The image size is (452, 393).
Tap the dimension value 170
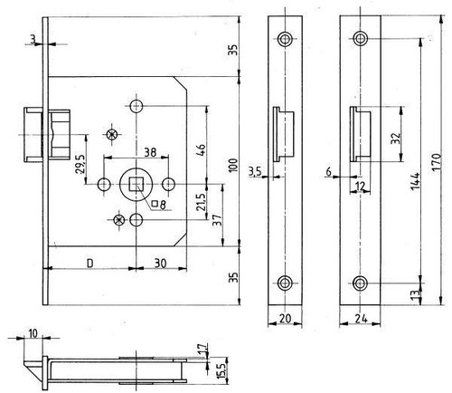point(437,162)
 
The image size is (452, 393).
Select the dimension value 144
point(416,181)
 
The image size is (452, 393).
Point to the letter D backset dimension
point(90,264)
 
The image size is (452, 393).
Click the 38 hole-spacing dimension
point(150,152)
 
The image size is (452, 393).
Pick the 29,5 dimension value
point(80,164)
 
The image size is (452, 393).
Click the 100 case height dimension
point(234,165)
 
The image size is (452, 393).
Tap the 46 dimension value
point(201,150)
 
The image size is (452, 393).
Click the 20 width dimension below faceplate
point(285,318)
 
